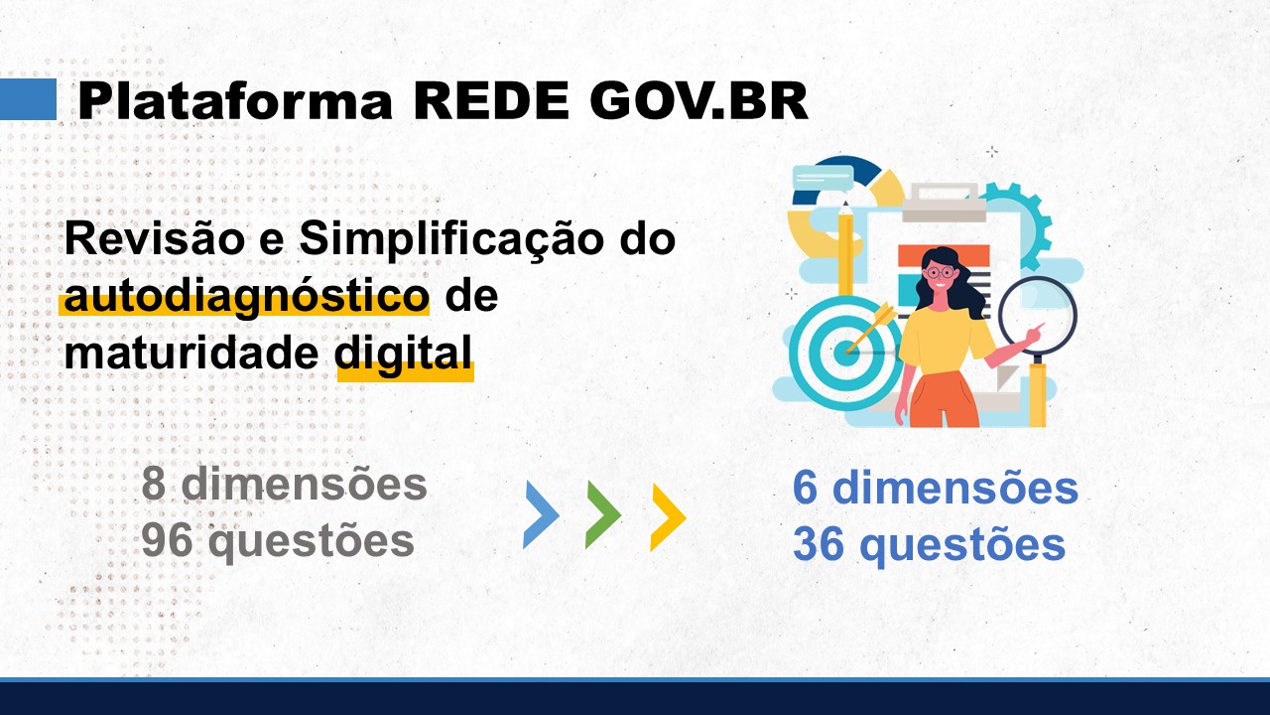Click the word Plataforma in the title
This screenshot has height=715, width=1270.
coord(236,100)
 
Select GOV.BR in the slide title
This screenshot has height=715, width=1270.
coord(699,100)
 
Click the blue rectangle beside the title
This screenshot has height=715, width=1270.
coord(28,99)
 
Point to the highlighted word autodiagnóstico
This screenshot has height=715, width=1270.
coord(244,297)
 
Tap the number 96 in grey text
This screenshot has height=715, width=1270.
coord(168,541)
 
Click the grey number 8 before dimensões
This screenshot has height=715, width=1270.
coord(154,485)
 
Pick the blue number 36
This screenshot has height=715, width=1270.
coord(820,544)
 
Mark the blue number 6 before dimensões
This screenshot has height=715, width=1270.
coord(806,489)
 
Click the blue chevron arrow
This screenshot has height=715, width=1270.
coord(541,514)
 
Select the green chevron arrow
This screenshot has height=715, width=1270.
coord(602,514)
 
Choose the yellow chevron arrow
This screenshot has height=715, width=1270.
coord(668,516)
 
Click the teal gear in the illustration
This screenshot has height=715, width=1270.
coord(1022,223)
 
